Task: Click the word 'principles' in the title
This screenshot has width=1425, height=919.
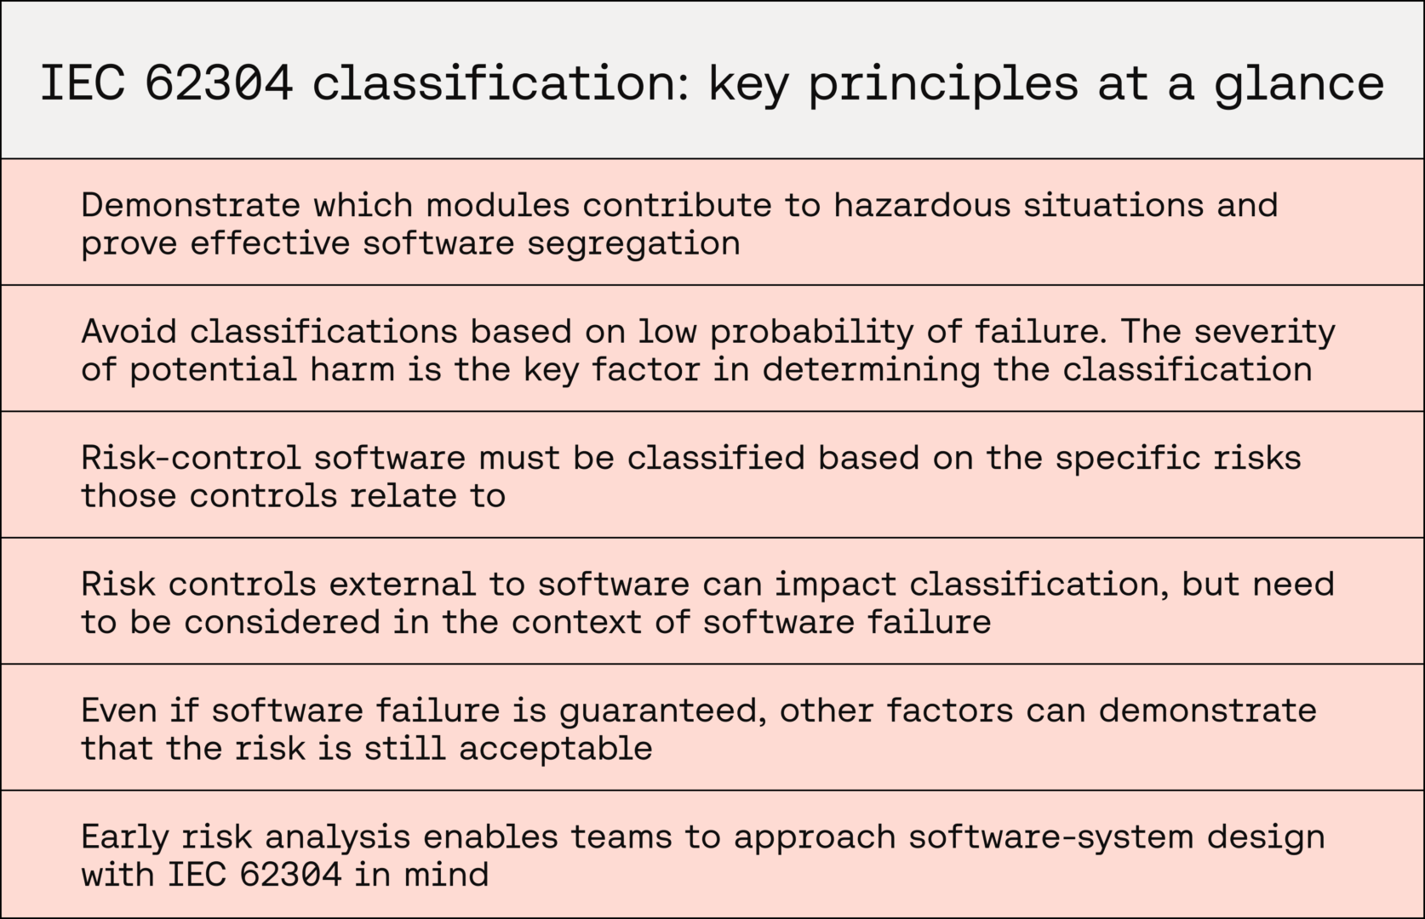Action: [943, 83]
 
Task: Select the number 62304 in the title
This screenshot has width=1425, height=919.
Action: [219, 83]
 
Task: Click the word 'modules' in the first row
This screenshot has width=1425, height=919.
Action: [497, 205]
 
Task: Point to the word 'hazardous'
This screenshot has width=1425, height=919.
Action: [923, 205]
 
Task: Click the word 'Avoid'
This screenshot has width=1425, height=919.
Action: [129, 331]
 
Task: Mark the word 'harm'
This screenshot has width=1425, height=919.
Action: [352, 369]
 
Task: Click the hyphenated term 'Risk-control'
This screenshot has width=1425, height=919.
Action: [191, 458]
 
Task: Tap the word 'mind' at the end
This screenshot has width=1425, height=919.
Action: [446, 875]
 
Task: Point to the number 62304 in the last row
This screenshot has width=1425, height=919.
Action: [291, 875]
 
